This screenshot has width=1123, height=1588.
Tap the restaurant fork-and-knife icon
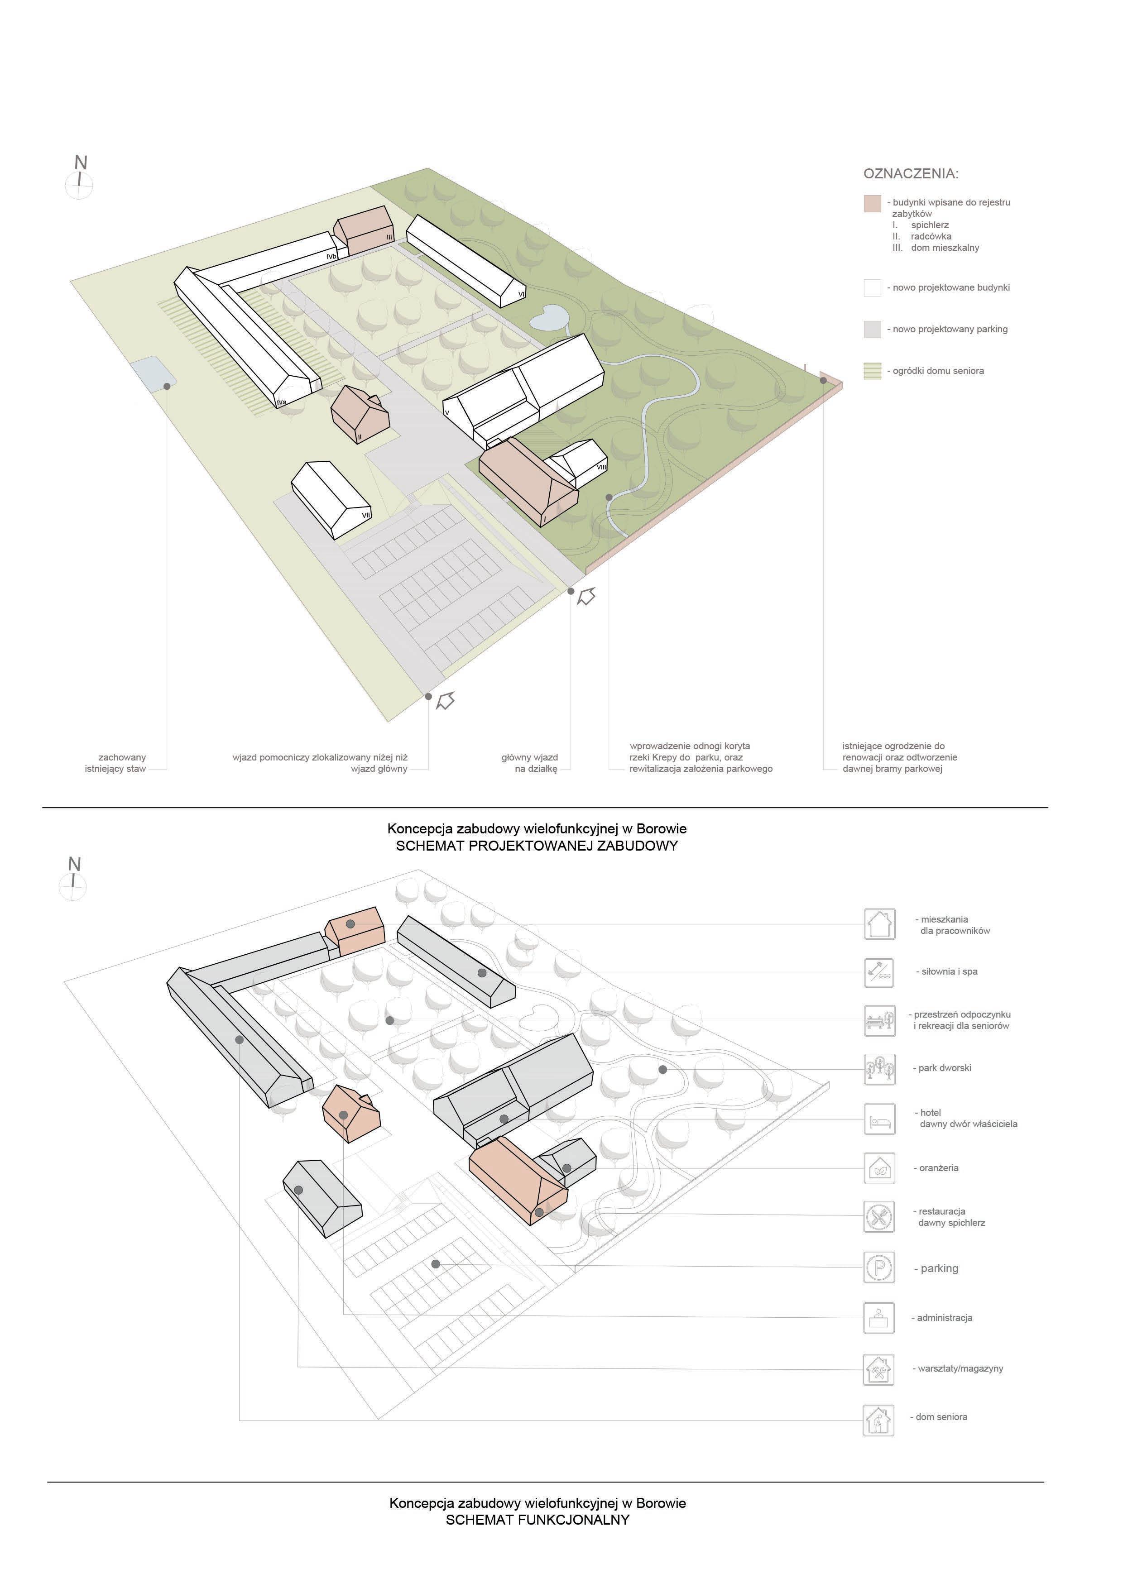879,1217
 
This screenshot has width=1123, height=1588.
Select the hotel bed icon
879,1119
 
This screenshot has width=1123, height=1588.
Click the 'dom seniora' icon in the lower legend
879,1417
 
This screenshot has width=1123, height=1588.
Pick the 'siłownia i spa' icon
879,972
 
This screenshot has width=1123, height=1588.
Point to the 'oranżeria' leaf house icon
879,1168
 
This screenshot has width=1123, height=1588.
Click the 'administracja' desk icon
879,1318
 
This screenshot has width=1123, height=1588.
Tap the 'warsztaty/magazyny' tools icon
879,1368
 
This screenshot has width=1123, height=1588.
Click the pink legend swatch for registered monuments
872,203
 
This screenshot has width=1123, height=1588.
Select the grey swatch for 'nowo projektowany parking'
872,329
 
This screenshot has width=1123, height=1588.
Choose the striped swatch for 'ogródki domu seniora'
872,371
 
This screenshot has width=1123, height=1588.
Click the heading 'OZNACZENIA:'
911,173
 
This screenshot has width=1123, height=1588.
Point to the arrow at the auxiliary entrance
446,701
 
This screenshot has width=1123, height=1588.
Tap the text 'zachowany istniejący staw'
116,763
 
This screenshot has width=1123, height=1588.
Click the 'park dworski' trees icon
879,1069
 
